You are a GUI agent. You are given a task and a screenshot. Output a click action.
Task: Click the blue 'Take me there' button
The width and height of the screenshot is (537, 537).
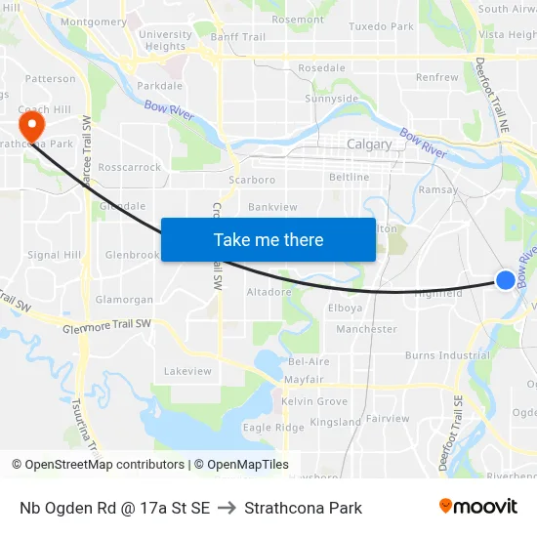pos(268,239)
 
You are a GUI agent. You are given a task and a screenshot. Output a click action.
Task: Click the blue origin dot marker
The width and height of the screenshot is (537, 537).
pos(505,280)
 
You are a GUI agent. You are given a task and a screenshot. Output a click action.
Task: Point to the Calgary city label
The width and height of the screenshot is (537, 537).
pos(369,145)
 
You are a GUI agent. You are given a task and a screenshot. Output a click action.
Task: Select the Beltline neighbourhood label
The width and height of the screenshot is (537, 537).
pos(350,178)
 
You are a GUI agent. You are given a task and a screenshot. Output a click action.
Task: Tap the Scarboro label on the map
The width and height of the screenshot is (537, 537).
pos(251,180)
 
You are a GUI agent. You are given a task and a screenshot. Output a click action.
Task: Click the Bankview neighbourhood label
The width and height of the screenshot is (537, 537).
pos(272,207)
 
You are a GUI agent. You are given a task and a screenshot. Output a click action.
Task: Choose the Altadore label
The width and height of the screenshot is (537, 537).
pos(268,292)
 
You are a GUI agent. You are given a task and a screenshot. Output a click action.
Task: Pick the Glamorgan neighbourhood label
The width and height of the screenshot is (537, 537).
pos(124,300)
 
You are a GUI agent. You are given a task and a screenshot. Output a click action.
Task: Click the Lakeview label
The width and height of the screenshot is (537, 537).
pos(187,371)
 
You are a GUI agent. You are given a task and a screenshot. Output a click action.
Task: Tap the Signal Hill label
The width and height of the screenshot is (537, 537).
pos(55,255)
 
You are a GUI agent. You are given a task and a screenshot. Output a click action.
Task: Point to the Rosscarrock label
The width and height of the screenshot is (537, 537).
pos(130,168)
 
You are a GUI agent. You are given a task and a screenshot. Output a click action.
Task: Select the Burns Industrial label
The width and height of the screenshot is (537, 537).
pos(447,355)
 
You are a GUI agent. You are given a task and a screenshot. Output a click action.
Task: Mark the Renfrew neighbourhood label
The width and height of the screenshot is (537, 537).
pos(436,77)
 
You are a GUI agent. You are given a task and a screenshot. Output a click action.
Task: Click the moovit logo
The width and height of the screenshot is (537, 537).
pos(478,506)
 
